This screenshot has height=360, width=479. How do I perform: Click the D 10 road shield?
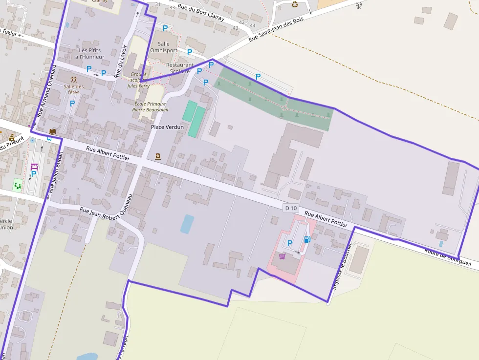pyautogui.click(x=291, y=208)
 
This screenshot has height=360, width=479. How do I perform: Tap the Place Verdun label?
pyautogui.click(x=167, y=127)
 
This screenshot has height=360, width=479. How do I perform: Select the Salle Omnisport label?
pyautogui.click(x=164, y=47)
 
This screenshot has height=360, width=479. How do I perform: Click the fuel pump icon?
pyautogui.click(x=307, y=239)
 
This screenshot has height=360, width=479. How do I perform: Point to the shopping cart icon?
pyautogui.click(x=282, y=256)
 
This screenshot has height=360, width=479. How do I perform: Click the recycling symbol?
pyautogui.click(x=295, y=4)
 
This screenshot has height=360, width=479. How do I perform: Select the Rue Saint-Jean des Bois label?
pyautogui.click(x=276, y=29)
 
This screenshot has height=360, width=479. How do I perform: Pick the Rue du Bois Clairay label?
pyautogui.click(x=200, y=12)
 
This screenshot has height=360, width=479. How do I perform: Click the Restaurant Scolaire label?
pyautogui.click(x=179, y=68)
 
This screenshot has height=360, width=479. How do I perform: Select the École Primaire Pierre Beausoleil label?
pyautogui.click(x=150, y=107)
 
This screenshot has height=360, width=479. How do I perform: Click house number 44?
pyautogui.click(x=252, y=25)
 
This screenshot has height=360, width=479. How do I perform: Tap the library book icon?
pyautogui.click(x=52, y=131)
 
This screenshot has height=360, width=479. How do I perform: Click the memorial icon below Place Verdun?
pyautogui.click(x=158, y=156)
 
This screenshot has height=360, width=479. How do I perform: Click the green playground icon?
pyautogui.click(x=18, y=185)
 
